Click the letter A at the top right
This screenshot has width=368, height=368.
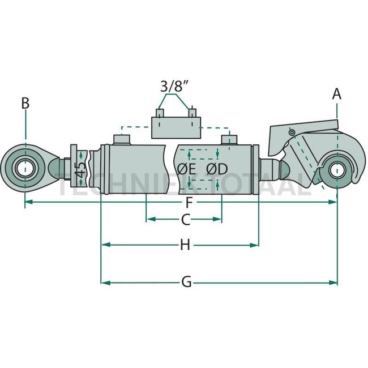(x=337, y=94)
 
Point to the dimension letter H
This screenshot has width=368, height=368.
(x=185, y=245)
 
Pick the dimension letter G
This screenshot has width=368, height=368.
(x=187, y=282)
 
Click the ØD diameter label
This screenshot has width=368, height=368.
(x=217, y=169)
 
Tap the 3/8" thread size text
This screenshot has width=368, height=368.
(x=175, y=87)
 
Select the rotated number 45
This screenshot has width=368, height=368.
(x=81, y=169)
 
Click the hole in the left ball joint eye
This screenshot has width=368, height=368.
(x=25, y=168)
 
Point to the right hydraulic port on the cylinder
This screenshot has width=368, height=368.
(x=228, y=139)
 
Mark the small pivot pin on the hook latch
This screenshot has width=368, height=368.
(x=292, y=132)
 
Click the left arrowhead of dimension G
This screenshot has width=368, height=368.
(x=104, y=282)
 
